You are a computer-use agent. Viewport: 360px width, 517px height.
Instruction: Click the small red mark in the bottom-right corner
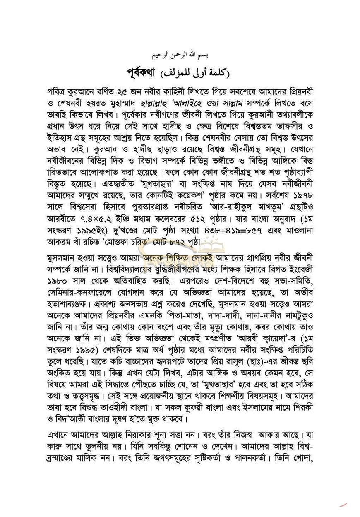point(343,504)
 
